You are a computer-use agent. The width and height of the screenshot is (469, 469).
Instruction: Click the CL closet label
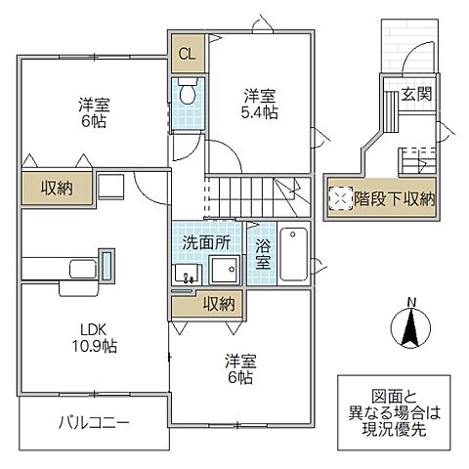[186, 54]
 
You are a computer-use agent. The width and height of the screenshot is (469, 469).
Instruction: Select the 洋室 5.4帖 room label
[260, 104]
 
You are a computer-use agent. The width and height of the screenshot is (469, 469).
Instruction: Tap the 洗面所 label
[205, 240]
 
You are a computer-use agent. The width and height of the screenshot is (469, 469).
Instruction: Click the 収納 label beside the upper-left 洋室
[55, 188]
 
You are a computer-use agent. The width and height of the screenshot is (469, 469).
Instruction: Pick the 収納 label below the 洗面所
[217, 305]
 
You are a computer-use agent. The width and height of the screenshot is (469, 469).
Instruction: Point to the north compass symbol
[410, 327]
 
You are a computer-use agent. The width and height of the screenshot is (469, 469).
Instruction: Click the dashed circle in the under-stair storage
[340, 198]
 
